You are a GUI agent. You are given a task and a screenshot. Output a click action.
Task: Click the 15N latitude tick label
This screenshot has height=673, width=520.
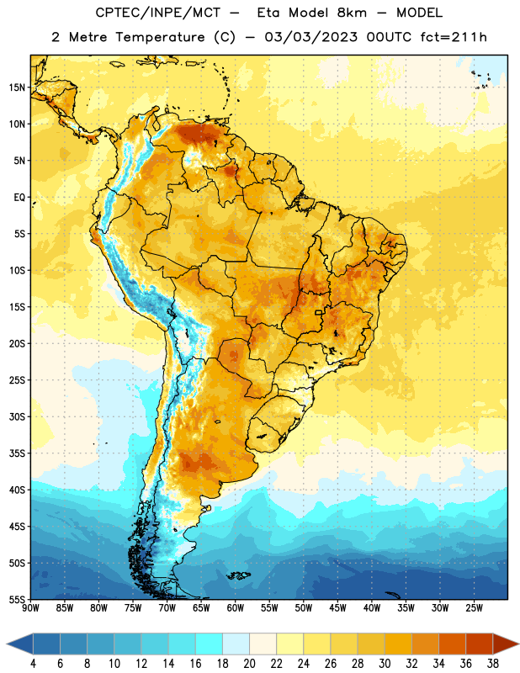(x=17, y=87)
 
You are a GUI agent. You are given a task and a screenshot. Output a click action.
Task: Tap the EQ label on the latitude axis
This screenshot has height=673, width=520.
(x=19, y=198)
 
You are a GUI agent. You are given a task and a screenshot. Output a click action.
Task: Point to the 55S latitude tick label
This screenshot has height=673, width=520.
(x=17, y=600)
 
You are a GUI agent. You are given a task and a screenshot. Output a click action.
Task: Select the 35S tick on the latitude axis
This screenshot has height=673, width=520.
(x=17, y=453)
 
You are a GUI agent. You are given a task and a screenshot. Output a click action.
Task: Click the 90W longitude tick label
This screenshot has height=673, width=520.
(x=30, y=608)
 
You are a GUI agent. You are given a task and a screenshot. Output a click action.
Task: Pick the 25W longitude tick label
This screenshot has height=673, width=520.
(x=474, y=608)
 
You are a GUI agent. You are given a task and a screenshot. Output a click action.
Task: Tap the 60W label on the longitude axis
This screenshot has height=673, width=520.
(x=236, y=608)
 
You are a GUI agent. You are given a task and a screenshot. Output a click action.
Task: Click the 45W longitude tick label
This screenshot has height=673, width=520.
(x=337, y=608)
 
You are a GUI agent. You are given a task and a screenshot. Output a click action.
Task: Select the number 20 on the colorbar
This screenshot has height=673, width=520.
(x=249, y=664)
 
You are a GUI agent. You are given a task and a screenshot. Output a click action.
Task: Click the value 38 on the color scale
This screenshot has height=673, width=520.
(x=493, y=664)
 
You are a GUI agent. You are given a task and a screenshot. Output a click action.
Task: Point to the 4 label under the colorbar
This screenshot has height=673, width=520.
(x=33, y=664)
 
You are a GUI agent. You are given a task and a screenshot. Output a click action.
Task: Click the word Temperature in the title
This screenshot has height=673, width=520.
(x=160, y=37)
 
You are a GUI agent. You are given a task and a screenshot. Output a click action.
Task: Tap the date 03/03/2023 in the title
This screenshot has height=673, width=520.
(x=310, y=37)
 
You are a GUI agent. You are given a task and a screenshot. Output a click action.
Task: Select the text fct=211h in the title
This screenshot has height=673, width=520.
(x=454, y=37)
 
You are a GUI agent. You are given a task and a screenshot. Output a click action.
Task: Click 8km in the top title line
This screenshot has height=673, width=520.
(x=352, y=13)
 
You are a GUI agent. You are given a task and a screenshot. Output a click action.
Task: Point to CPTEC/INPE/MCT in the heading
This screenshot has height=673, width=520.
(x=158, y=13)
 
